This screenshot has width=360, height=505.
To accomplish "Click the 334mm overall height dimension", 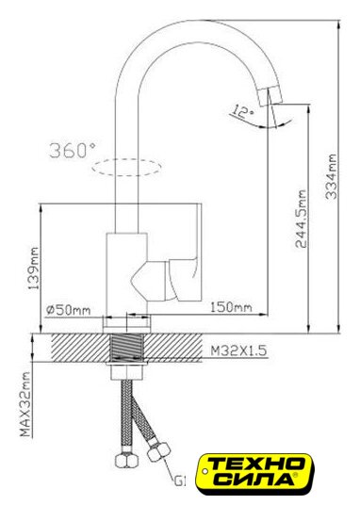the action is pos(331,176).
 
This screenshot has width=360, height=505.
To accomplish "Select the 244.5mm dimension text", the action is pos(301,219).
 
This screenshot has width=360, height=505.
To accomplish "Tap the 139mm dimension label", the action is pos(33,269).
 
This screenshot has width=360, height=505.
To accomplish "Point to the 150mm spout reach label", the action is pos(231,307).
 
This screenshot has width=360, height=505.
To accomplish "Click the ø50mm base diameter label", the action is pos(68,310).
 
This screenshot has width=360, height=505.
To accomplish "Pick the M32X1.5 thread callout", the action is pos(238,350).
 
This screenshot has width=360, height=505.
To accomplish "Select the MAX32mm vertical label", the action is pos(25,404).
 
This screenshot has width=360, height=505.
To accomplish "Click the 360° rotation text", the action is pos(73,150).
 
